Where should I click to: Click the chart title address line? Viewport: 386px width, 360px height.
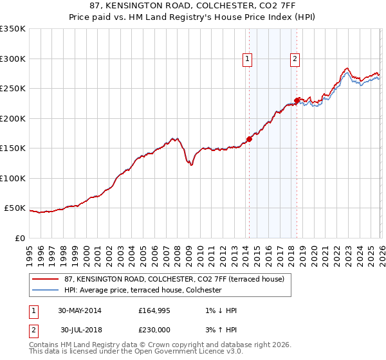(193, 5)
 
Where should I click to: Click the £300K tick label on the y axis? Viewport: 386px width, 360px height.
(13, 59)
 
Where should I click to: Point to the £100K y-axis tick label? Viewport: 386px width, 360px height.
(13, 178)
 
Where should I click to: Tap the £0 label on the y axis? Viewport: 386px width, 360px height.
(20, 238)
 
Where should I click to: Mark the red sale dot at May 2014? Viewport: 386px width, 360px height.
(249, 139)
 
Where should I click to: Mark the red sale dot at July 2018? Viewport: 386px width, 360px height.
(297, 100)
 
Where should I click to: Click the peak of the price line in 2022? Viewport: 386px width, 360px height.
(346, 67)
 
